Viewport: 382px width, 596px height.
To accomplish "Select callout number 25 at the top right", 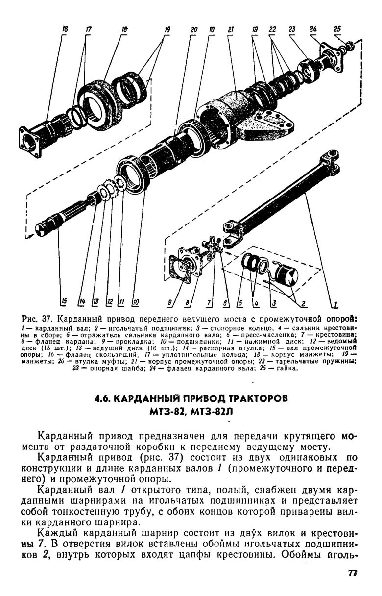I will (337, 29).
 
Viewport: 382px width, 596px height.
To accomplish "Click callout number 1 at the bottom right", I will (335, 304).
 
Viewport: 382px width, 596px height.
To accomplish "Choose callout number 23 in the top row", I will (292, 29).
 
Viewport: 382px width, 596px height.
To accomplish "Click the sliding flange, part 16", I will (42, 137).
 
